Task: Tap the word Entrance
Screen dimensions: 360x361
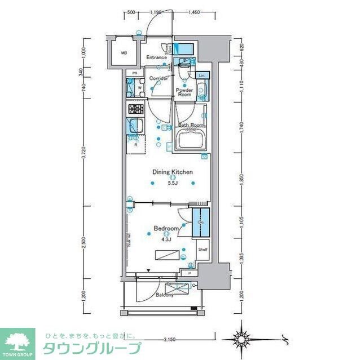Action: point(156,57)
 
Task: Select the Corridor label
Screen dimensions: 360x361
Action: point(160,78)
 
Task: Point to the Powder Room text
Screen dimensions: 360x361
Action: point(184,92)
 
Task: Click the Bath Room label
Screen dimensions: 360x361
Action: point(191,125)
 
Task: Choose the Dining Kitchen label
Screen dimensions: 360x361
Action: point(173,172)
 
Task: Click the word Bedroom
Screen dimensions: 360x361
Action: point(166,229)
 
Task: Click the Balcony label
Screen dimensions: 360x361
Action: point(165,294)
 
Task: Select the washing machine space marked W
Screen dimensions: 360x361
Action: point(138,88)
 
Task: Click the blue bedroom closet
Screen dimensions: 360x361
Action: point(200,223)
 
